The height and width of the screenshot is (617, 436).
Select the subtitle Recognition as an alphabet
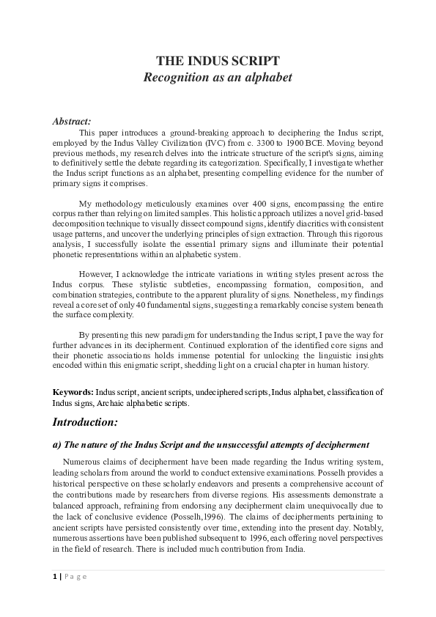pyautogui.click(x=218, y=77)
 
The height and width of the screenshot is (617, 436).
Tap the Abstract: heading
pyautogui.click(x=72, y=122)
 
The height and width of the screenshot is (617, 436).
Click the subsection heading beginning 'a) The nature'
pyautogui.click(x=210, y=445)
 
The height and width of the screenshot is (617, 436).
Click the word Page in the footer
pyautogui.click(x=75, y=576)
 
